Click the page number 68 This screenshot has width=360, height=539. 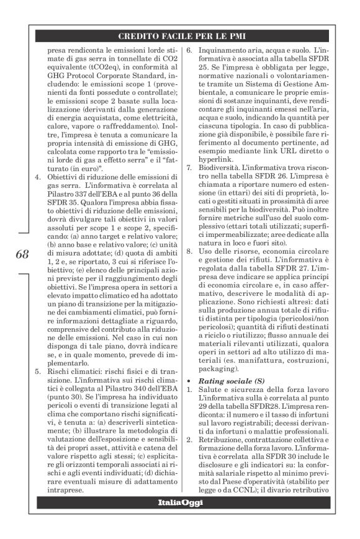click(20, 254)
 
